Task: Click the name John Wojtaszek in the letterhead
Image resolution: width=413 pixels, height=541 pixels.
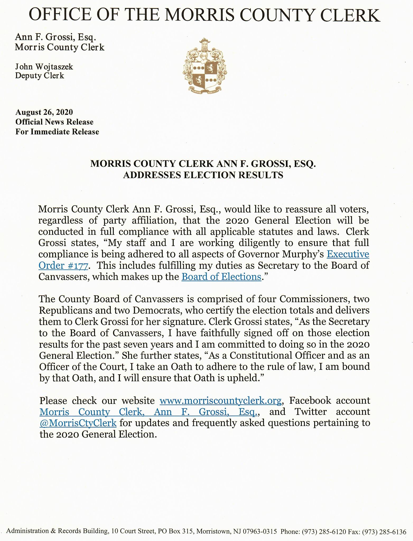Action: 44,67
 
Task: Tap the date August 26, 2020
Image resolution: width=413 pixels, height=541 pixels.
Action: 44,112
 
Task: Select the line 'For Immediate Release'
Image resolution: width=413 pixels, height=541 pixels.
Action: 57,132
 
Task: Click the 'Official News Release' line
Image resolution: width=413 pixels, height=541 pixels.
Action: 54,122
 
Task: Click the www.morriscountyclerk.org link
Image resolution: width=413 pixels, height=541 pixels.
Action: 221,401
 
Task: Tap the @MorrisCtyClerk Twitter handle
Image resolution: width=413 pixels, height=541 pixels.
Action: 78,423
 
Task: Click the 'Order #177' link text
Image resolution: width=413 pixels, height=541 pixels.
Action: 63,265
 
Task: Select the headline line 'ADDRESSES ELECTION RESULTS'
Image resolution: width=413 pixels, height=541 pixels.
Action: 203,175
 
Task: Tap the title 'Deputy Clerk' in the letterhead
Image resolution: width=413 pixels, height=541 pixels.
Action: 40,76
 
